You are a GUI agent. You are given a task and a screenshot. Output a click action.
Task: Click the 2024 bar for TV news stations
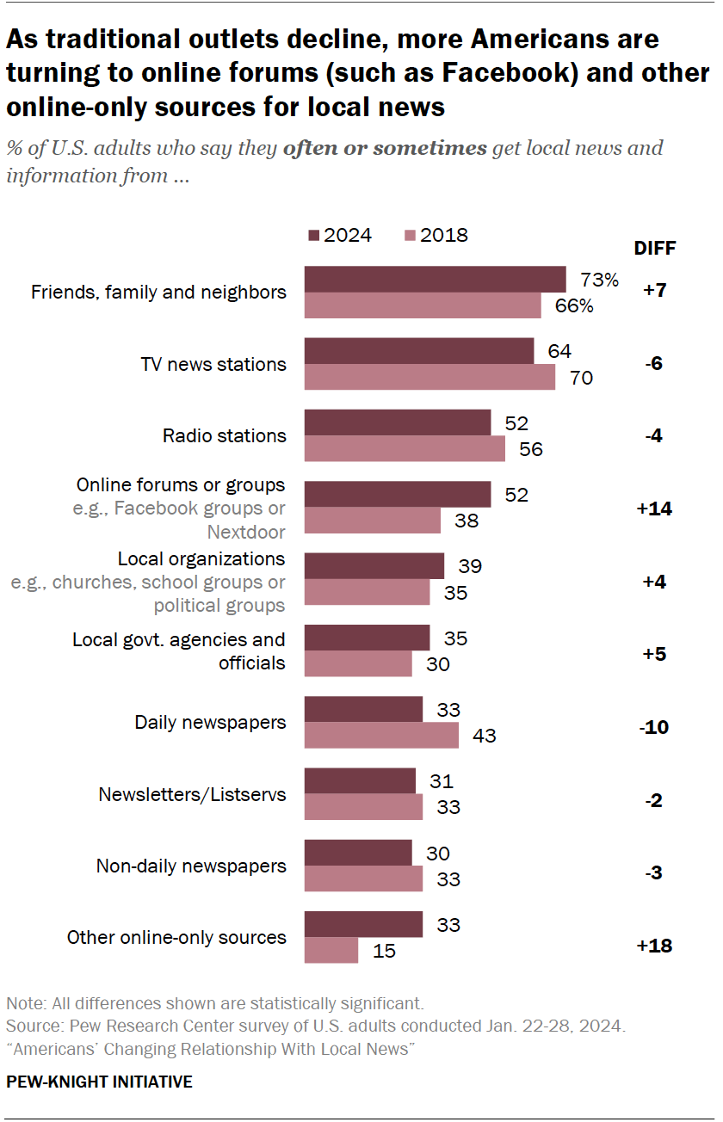point(419,351)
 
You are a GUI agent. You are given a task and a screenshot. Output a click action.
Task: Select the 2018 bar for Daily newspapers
point(381,736)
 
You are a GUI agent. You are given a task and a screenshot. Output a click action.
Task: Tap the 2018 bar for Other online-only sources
point(331,950)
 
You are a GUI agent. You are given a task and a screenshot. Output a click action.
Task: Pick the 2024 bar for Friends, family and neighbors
point(435,280)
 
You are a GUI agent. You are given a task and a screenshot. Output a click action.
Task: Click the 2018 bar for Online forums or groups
point(373,521)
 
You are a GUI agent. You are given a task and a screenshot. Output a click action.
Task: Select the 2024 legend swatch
point(313,236)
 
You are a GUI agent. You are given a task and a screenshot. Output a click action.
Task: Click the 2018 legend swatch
point(410,236)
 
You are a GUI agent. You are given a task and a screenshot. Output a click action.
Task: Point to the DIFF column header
point(655,249)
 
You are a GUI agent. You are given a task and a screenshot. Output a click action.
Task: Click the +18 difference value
point(654,946)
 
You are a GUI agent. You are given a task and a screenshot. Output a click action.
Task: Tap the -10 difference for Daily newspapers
point(654,728)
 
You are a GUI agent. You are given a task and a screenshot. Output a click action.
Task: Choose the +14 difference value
point(654,509)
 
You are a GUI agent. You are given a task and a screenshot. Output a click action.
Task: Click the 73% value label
point(599,280)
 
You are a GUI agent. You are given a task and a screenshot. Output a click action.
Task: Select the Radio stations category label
point(224,436)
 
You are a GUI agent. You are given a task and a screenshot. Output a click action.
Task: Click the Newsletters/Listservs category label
point(192,794)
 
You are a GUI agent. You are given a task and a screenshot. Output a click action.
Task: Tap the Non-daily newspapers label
point(190,866)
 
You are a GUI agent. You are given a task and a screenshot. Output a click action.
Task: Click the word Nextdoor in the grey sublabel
point(246,532)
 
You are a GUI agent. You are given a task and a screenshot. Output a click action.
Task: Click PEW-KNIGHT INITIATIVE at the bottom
point(99,1082)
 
